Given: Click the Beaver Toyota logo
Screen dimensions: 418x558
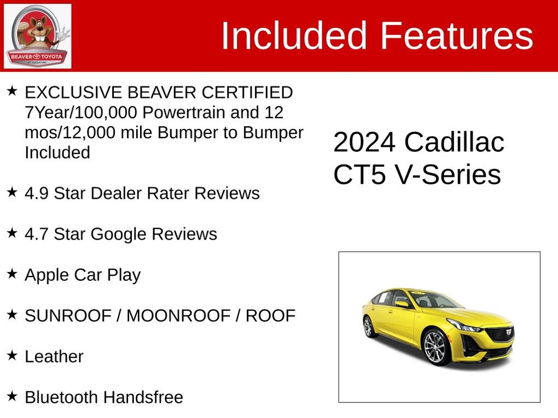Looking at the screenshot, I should (x=37, y=36).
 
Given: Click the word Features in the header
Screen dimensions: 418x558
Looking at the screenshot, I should (x=456, y=36).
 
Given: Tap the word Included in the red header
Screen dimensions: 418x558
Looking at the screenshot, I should (x=293, y=36).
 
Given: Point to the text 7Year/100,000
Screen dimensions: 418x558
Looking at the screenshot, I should (x=80, y=113).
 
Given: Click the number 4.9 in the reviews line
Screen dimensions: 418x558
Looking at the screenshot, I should (x=37, y=193).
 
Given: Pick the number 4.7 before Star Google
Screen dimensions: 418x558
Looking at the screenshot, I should (x=37, y=234).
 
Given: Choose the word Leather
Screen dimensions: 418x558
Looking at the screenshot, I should (x=54, y=356).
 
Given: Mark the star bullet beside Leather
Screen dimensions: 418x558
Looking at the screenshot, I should (x=12, y=355).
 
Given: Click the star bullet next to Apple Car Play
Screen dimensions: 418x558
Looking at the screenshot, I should (x=12, y=273).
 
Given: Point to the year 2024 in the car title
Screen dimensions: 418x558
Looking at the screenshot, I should (x=364, y=143).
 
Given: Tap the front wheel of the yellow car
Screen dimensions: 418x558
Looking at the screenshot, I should (x=435, y=347).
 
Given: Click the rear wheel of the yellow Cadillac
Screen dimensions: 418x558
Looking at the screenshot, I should (x=368, y=326).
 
